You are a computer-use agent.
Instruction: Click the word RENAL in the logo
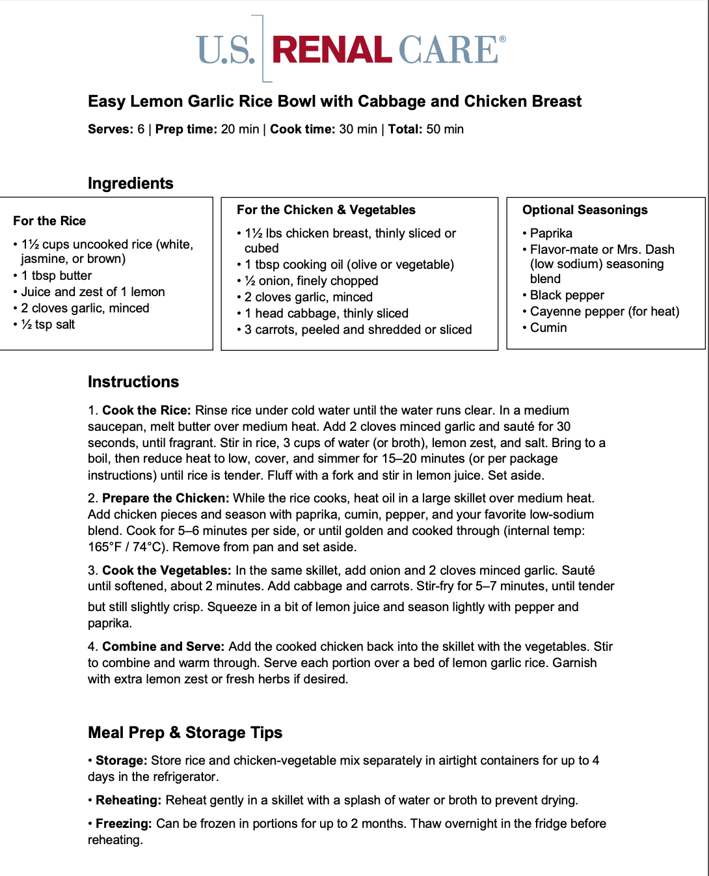pos(332,51)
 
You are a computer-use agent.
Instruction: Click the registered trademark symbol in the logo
pos(502,40)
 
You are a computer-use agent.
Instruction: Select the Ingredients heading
pos(131,184)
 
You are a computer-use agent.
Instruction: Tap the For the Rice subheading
pos(49,221)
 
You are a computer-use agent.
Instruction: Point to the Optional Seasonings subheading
pos(585,210)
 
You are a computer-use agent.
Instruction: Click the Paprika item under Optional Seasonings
pos(551,233)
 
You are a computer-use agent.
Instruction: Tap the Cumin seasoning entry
pos(548,327)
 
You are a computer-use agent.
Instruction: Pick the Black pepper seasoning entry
pos(567,295)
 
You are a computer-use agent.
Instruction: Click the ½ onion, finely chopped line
pos(311,281)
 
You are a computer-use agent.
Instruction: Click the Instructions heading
pos(133,382)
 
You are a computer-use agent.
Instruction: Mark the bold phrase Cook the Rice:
pos(146,410)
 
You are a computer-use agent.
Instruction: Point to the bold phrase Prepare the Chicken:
pos(165,498)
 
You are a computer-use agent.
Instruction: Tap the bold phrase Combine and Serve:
pos(163,646)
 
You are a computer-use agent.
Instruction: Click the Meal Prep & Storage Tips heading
pos(185,733)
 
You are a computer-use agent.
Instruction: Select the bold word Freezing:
pos(124,823)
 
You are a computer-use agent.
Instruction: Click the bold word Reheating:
pos(128,800)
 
